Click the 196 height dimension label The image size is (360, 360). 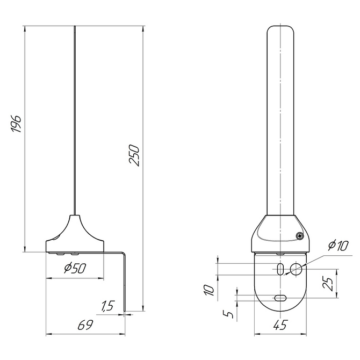(17, 124)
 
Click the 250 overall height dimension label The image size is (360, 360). (134, 155)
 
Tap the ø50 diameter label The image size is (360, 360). (75, 269)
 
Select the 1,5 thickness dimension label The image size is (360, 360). (107, 306)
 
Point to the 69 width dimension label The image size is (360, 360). (85, 325)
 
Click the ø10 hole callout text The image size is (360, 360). (338, 246)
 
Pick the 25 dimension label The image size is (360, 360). (328, 284)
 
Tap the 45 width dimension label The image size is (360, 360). (280, 325)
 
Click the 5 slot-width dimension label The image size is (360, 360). (228, 314)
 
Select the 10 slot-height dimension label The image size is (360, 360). (209, 290)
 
